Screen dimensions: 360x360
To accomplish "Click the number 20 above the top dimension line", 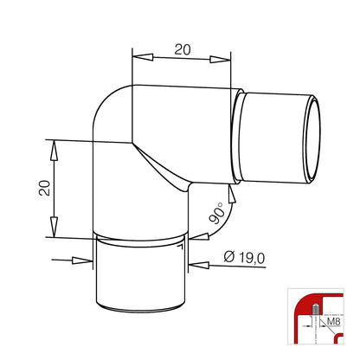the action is click(x=183, y=49).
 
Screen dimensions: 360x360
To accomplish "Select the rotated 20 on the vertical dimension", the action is click(x=45, y=188).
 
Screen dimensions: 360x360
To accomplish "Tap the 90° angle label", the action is click(x=217, y=214).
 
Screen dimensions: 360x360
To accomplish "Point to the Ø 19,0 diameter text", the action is click(x=244, y=258).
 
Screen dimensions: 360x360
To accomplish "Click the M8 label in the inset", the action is click(x=334, y=322).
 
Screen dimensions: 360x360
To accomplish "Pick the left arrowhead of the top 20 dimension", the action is click(x=143, y=57).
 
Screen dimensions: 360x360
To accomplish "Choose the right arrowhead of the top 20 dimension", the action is click(x=221, y=60).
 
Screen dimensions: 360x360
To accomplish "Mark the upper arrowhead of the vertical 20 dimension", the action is click(x=54, y=151).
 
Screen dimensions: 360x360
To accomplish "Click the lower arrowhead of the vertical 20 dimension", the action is click(x=54, y=227).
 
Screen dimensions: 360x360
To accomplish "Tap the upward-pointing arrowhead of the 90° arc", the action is click(x=231, y=194).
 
